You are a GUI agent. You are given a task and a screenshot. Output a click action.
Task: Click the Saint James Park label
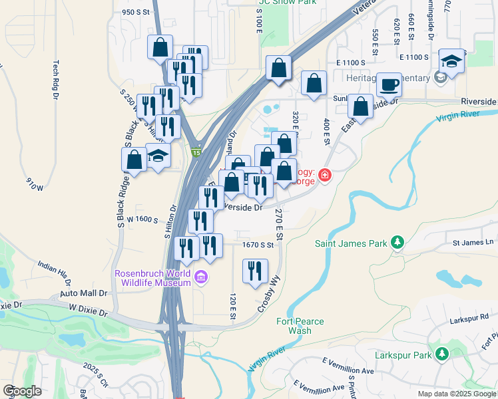[x=351, y=243]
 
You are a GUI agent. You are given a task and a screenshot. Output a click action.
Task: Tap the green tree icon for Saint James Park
[x=397, y=241]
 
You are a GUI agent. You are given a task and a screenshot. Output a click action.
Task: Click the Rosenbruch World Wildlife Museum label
[x=153, y=277]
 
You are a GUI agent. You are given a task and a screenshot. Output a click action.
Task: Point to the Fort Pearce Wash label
[x=300, y=326]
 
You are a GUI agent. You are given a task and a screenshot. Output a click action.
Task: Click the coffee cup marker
[x=389, y=85]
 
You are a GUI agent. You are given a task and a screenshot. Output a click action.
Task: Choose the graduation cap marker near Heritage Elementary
[x=452, y=62]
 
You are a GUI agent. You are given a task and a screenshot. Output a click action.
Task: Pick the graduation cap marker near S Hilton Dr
[x=158, y=156]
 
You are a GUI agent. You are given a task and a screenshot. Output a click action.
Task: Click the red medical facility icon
[x=324, y=175]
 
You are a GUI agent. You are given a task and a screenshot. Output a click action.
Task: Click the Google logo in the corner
[x=22, y=391]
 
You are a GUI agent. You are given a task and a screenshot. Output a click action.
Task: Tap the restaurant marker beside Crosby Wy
[x=255, y=270]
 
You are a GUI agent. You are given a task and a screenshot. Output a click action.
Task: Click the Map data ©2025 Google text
[x=456, y=394]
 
